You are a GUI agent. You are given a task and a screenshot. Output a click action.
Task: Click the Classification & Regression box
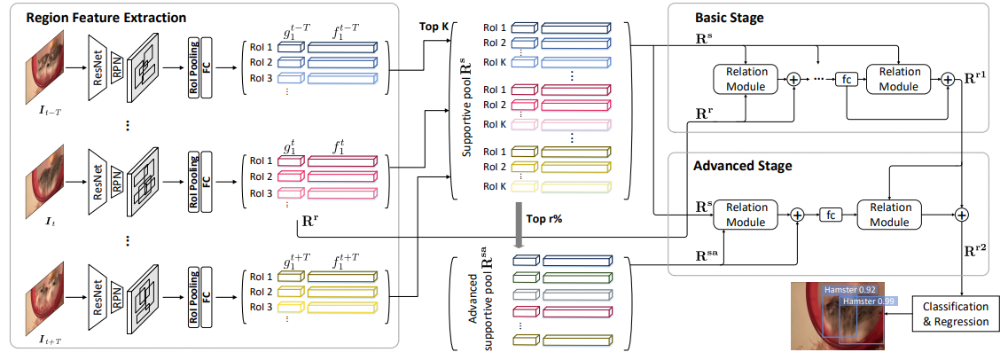pos(957,315)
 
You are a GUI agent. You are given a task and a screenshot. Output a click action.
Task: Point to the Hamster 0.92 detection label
pos(849,289)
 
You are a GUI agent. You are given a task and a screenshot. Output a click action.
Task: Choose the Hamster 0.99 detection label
pos(870,301)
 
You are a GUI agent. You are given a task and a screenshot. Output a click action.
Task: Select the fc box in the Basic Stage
pos(847,80)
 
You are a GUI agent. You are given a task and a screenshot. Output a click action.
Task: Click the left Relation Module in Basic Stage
pos(744,79)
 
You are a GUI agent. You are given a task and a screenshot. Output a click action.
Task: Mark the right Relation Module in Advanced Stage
pos(889,214)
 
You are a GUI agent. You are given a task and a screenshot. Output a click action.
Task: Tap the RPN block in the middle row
pos(117,186)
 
